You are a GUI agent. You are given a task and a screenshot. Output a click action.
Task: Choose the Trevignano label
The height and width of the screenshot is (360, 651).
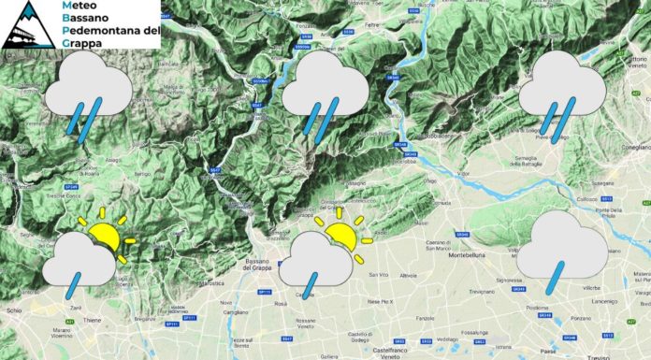tap(486, 292)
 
